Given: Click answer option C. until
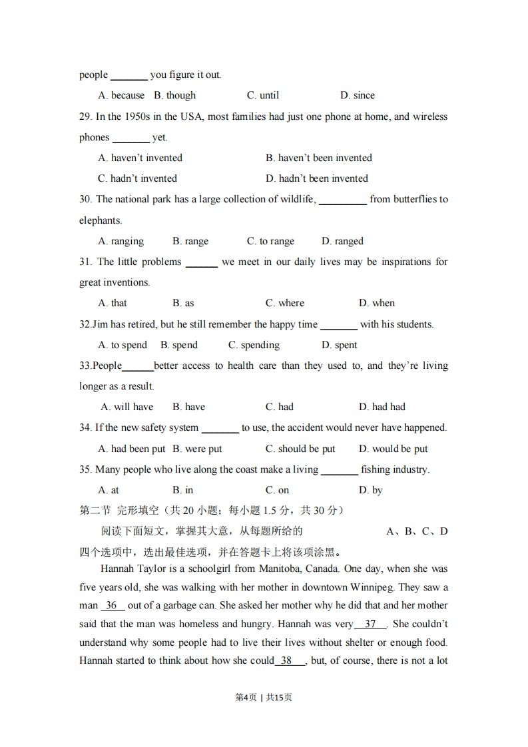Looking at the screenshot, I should tap(262, 95).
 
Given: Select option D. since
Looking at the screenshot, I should tap(357, 95).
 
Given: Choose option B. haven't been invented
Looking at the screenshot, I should tap(318, 158).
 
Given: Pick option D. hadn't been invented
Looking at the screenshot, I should tap(316, 178).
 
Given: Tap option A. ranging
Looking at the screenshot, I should tap(121, 241).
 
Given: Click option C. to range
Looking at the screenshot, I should tap(270, 241).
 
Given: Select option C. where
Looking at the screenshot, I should tap(284, 303).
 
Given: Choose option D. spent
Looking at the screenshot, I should tap(339, 345).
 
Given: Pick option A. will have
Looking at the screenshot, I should tap(127, 407).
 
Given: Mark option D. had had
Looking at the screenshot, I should tap(382, 407).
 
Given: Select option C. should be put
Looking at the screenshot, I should tap(300, 449).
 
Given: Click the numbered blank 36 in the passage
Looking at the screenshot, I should tap(112, 606).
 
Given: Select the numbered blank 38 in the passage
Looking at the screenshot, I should tap(287, 661).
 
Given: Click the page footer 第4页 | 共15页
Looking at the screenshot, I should tap(264, 697).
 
